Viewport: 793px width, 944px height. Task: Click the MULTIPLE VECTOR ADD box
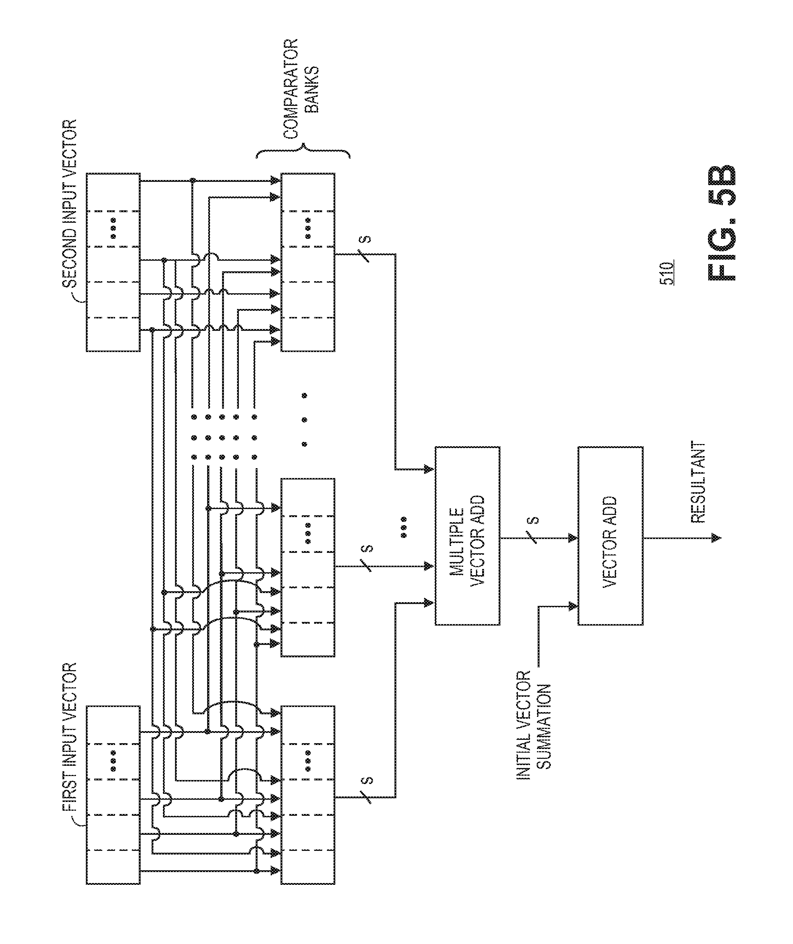coord(467,535)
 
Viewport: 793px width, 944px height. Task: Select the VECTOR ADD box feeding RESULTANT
coord(610,535)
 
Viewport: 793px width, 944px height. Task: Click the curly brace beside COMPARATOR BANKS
coord(303,153)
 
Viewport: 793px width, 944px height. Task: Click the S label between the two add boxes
coord(533,521)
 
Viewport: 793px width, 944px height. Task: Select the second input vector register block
coord(113,261)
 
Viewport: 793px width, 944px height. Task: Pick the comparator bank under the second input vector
coord(308,261)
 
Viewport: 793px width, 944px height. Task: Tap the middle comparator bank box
coord(308,567)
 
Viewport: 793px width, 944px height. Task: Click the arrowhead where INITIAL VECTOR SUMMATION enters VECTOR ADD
coord(573,606)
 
